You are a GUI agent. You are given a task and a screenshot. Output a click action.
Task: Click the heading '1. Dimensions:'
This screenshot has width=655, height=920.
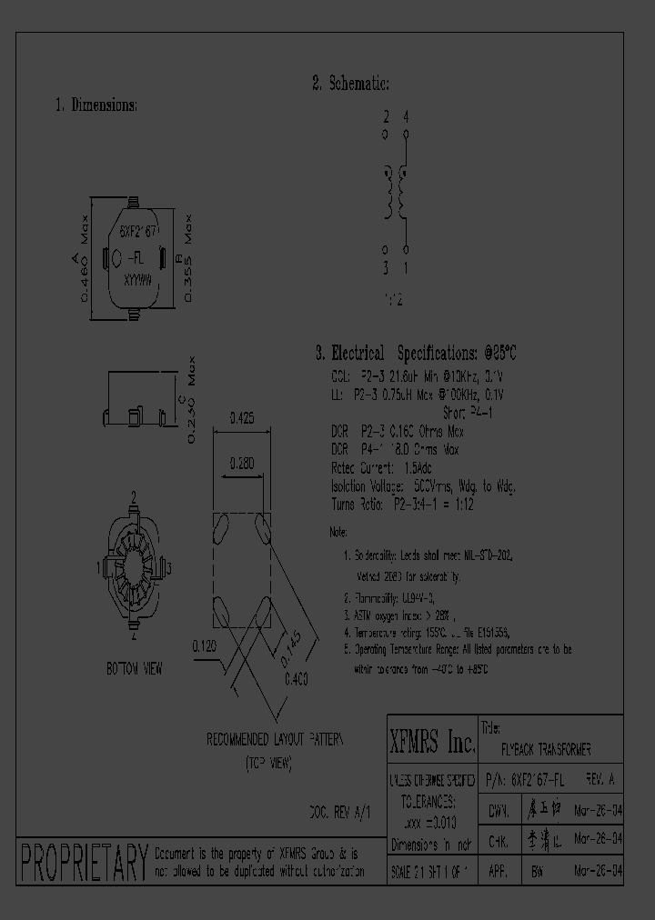click(96, 105)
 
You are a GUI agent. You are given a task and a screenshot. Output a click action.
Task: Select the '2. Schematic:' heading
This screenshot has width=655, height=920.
click(350, 84)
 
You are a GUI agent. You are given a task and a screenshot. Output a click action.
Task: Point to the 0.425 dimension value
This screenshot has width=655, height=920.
click(241, 418)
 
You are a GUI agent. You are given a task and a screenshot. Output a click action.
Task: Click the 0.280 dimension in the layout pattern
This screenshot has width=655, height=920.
click(241, 462)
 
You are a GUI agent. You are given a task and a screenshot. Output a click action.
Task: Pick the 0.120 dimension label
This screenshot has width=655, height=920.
click(204, 646)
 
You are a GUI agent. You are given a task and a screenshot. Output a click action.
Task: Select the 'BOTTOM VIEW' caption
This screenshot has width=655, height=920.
click(134, 668)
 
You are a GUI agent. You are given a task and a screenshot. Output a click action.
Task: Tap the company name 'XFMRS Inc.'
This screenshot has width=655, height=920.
click(432, 743)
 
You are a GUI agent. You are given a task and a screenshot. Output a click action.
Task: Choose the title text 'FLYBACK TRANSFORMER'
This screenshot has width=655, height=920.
click(546, 750)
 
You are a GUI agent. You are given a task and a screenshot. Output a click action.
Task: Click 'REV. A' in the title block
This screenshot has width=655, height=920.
click(600, 780)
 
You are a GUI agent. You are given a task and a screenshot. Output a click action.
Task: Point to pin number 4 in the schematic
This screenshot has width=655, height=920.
click(406, 117)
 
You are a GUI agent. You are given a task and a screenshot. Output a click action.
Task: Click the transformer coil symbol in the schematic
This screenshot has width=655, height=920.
click(396, 191)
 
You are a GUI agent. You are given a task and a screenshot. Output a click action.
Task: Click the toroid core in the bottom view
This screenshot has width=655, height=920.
click(134, 568)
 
